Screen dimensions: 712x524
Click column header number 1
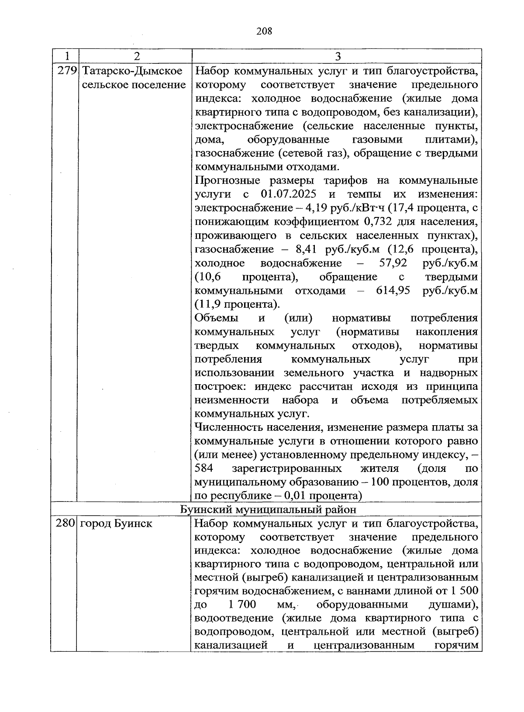(66, 56)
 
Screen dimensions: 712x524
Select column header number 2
(137, 56)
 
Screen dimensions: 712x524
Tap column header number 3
(338, 56)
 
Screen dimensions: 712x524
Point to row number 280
(66, 523)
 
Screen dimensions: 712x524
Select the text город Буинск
(116, 523)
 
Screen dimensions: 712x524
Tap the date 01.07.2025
(289, 194)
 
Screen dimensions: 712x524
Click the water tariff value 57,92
(391, 263)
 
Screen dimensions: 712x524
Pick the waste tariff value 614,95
(393, 291)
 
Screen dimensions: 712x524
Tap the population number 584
(204, 469)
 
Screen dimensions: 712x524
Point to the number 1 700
(241, 605)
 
